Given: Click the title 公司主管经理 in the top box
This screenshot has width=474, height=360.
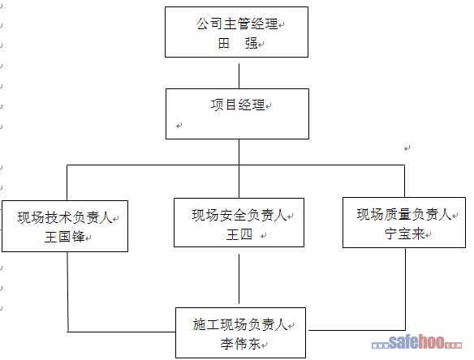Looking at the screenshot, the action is pyautogui.click(x=237, y=24).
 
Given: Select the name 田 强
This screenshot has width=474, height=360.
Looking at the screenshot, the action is pyautogui.click(x=238, y=43).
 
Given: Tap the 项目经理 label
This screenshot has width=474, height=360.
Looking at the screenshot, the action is pyautogui.click(x=238, y=105).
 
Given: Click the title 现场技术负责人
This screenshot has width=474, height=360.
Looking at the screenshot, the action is pyautogui.click(x=65, y=217).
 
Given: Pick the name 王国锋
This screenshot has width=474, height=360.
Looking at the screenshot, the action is pyautogui.click(x=65, y=237).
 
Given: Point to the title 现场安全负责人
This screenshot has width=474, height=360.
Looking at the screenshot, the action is pyautogui.click(x=239, y=215).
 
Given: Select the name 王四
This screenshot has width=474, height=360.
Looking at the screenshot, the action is pyautogui.click(x=239, y=234).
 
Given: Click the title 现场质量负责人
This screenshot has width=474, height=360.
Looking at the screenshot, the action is pyautogui.click(x=404, y=214).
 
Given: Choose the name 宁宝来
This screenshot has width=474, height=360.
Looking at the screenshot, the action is pyautogui.click(x=405, y=234).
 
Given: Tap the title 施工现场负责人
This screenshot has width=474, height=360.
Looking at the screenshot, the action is pyautogui.click(x=240, y=324).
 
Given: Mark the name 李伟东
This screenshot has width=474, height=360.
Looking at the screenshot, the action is pyautogui.click(x=240, y=344).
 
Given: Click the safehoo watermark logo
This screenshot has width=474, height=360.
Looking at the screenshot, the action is pyautogui.click(x=416, y=342).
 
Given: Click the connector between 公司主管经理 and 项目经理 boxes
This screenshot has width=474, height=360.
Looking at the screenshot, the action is pyautogui.click(x=239, y=75).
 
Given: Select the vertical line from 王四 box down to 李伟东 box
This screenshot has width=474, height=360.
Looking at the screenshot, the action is pyautogui.click(x=239, y=279).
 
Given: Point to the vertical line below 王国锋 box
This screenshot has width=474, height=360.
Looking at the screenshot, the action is pyautogui.click(x=67, y=292).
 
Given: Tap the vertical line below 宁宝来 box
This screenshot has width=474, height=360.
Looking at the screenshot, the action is pyautogui.click(x=405, y=289).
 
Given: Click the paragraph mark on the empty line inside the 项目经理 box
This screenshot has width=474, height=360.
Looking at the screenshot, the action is pyautogui.click(x=179, y=126).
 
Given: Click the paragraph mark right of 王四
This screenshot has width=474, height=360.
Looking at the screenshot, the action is pyautogui.click(x=264, y=236).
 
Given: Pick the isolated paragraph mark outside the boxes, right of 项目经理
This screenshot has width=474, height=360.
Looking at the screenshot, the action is pyautogui.click(x=407, y=148).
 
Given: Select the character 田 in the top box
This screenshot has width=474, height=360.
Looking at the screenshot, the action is pyautogui.click(x=224, y=43).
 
